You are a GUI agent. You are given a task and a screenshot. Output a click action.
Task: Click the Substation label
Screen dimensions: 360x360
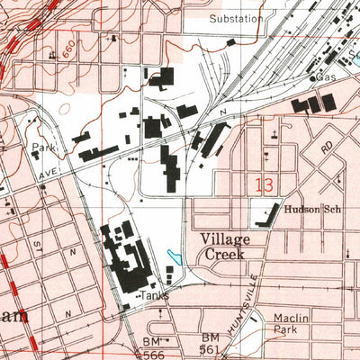(236, 18)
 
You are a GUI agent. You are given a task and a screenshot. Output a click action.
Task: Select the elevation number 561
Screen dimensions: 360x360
(210, 351)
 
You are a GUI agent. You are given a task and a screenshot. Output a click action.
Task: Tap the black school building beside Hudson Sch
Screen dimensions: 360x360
(264, 214)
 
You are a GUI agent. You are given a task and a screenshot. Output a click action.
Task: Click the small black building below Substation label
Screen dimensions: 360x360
(232, 40)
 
